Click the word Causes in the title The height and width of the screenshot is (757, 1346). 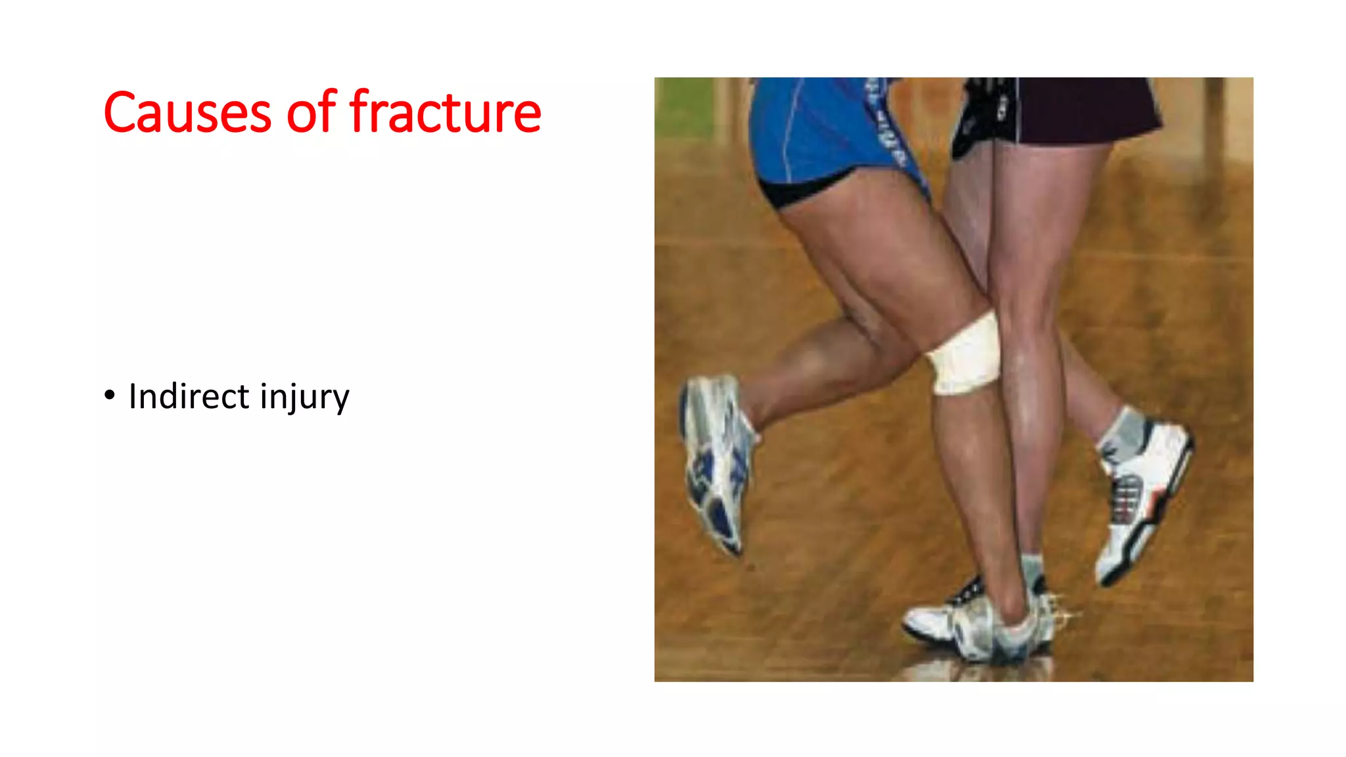187,112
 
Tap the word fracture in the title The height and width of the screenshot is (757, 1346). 445,112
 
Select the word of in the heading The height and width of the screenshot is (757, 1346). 311,112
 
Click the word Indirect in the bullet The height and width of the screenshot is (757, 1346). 189,396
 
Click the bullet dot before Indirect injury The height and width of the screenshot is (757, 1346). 109,396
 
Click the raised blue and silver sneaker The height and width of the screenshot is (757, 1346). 716,460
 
